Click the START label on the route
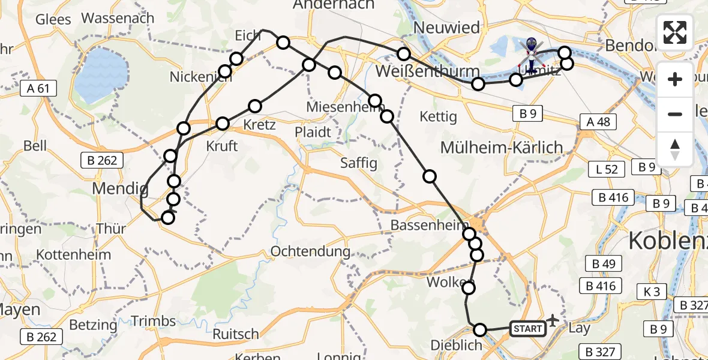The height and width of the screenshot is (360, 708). (x=527, y=328)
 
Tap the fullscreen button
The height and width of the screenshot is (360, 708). (x=675, y=32)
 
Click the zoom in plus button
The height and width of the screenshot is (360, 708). (x=675, y=79)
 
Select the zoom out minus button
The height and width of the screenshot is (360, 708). (x=675, y=114)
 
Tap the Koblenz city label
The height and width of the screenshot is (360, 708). (x=666, y=241)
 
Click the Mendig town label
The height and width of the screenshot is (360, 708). (x=120, y=189)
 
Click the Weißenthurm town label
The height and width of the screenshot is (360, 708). (x=418, y=71)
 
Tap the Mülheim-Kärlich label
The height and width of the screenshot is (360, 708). (x=502, y=147)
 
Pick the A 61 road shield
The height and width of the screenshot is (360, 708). (x=38, y=89)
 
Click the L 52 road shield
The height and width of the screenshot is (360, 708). (x=607, y=170)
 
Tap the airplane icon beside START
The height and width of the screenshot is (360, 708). (x=552, y=322)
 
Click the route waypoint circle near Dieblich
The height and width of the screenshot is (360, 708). (x=480, y=329)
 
